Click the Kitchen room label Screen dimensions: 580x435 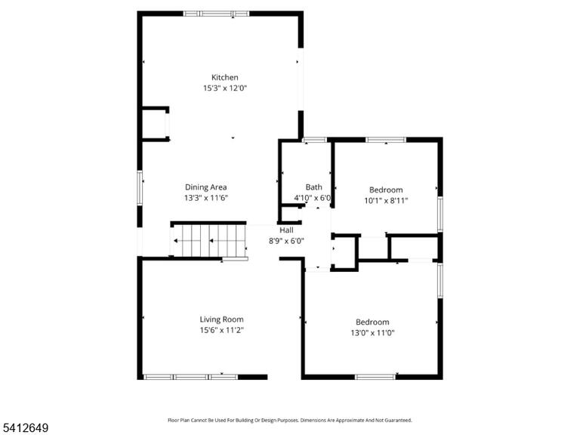coord(224,77)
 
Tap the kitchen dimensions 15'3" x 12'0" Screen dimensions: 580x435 coord(225,88)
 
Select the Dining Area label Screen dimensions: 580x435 coord(205,187)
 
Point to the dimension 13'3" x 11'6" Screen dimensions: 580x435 coord(206,198)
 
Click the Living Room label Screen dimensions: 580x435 coord(221,319)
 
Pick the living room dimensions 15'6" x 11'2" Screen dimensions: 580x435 coord(221,330)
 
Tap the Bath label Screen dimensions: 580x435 coord(313,187)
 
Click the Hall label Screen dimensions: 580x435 coord(286,230)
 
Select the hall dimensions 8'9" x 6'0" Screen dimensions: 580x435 coord(286,241)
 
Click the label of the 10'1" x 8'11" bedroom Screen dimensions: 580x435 coord(386,190)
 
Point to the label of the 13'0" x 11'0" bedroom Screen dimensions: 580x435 coord(372,322)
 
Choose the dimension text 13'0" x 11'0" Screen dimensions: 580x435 coord(372,333)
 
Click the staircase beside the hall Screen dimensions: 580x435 coord(208,240)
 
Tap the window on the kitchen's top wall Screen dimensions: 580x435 coord(217,14)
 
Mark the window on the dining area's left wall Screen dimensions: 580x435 coord(140,188)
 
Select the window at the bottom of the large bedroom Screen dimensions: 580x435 coord(375,377)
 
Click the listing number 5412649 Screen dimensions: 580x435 coord(24,428)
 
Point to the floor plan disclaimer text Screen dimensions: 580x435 coord(290,420)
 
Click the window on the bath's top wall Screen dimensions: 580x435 coord(315,140)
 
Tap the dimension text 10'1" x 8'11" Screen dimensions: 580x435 coord(386,201)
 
